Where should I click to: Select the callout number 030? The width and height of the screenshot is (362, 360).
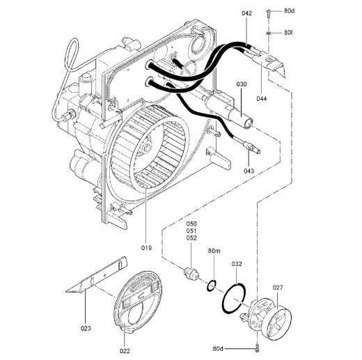pos(241,84)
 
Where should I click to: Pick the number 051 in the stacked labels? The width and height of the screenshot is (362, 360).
pos(191,230)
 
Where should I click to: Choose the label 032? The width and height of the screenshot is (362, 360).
pos(237,264)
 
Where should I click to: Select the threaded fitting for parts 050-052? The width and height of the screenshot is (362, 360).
pos(189,273)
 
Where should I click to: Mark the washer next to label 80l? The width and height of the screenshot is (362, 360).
pos(269,33)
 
